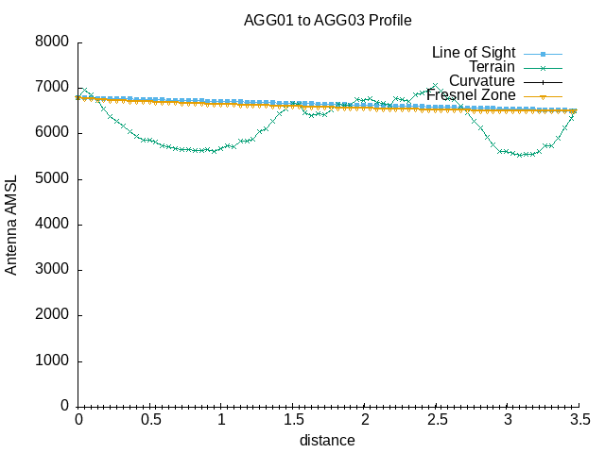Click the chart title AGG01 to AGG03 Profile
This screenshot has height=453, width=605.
pos(328,20)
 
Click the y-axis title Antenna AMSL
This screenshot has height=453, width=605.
pos(11,224)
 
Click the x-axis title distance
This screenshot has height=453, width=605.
pos(327,440)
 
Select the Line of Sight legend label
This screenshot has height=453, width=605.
pos(473,52)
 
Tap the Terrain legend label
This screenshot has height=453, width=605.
pos(492,67)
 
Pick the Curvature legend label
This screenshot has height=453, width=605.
pos(482,81)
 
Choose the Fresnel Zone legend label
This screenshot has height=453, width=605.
pos(471,95)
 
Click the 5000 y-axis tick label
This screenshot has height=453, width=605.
pos(53,179)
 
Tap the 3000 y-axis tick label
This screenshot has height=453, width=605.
pos(53,270)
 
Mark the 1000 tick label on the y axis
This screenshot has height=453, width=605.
pos(53,361)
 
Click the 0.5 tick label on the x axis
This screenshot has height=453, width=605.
pos(149,419)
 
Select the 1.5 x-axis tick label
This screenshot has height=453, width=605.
pos(293,419)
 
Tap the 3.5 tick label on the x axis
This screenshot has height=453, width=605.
pos(579,419)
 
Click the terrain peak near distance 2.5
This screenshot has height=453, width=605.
pos(435,86)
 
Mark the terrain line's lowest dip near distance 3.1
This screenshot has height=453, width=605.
pos(521,155)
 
